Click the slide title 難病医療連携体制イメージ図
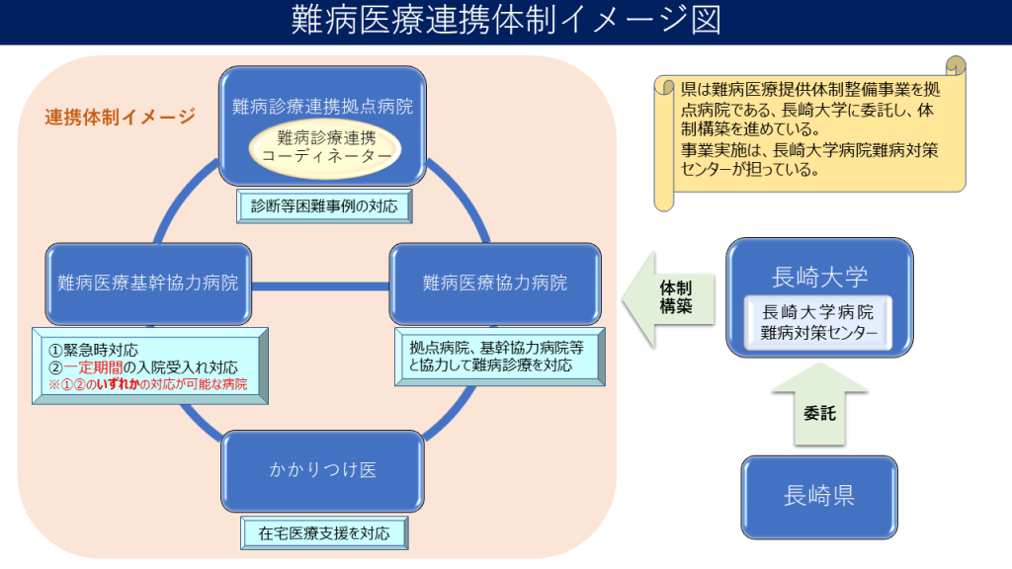505,22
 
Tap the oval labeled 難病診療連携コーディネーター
322,147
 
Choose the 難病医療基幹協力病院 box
147,283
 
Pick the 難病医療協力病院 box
495,283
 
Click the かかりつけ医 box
323,470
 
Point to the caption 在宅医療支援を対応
324,533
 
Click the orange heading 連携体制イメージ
120,117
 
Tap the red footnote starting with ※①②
148,384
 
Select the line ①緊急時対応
94,350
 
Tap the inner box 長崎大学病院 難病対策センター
819,322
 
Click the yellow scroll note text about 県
810,128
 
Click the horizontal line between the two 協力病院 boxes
321,285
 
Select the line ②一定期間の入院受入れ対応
143,366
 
